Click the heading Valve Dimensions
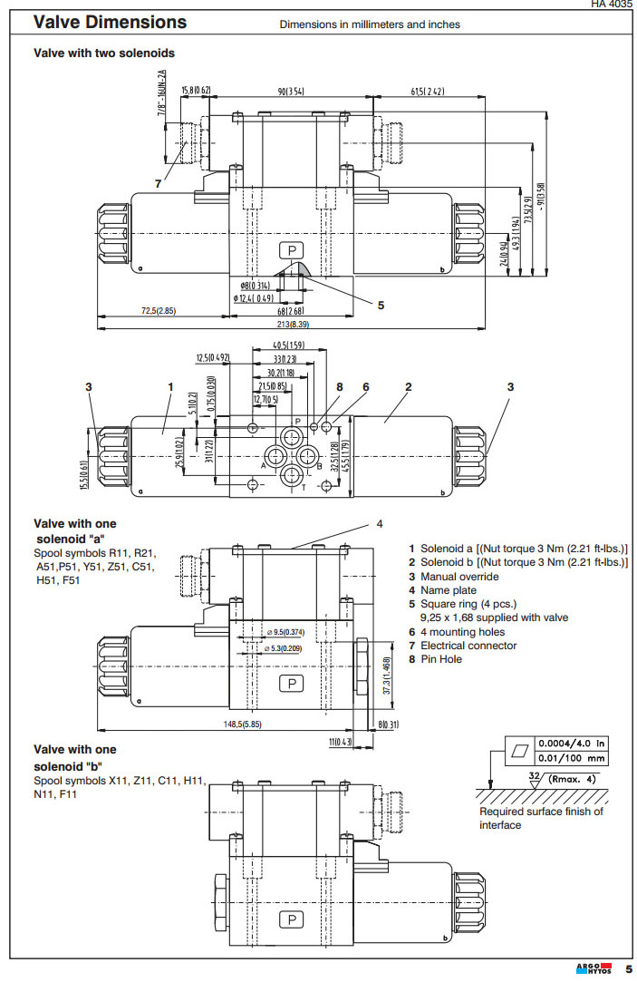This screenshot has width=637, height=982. click(110, 23)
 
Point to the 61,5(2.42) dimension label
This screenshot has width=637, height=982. click(427, 92)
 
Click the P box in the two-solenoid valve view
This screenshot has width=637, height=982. click(292, 250)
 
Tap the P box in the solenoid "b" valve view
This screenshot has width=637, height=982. click(292, 919)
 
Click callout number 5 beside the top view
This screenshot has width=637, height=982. click(381, 306)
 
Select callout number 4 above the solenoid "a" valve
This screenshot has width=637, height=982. click(380, 524)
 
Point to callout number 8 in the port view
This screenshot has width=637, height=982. click(339, 387)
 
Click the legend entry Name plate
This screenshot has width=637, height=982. click(449, 590)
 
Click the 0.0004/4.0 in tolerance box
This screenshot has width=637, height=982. click(572, 743)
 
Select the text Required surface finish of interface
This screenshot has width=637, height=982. click(541, 818)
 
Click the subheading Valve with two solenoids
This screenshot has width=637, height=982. click(104, 53)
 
